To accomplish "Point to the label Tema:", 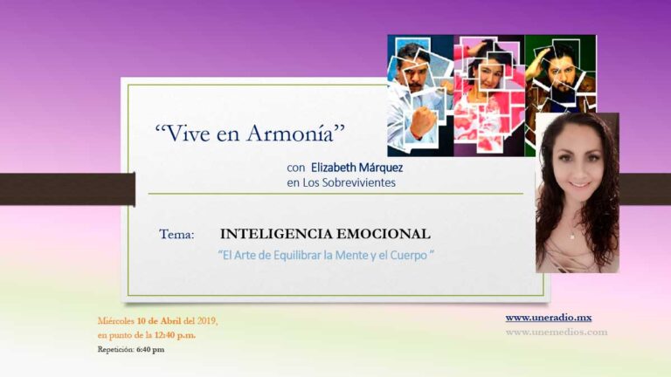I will pyautogui.click(x=177, y=235).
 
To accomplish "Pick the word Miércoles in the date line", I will pyautogui.click(x=116, y=320).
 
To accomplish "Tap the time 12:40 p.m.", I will pyautogui.click(x=176, y=335).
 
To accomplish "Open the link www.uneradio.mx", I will pyautogui.click(x=548, y=318).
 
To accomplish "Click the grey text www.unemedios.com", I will pyautogui.click(x=556, y=332).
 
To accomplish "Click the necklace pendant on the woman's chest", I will pyautogui.click(x=573, y=236).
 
